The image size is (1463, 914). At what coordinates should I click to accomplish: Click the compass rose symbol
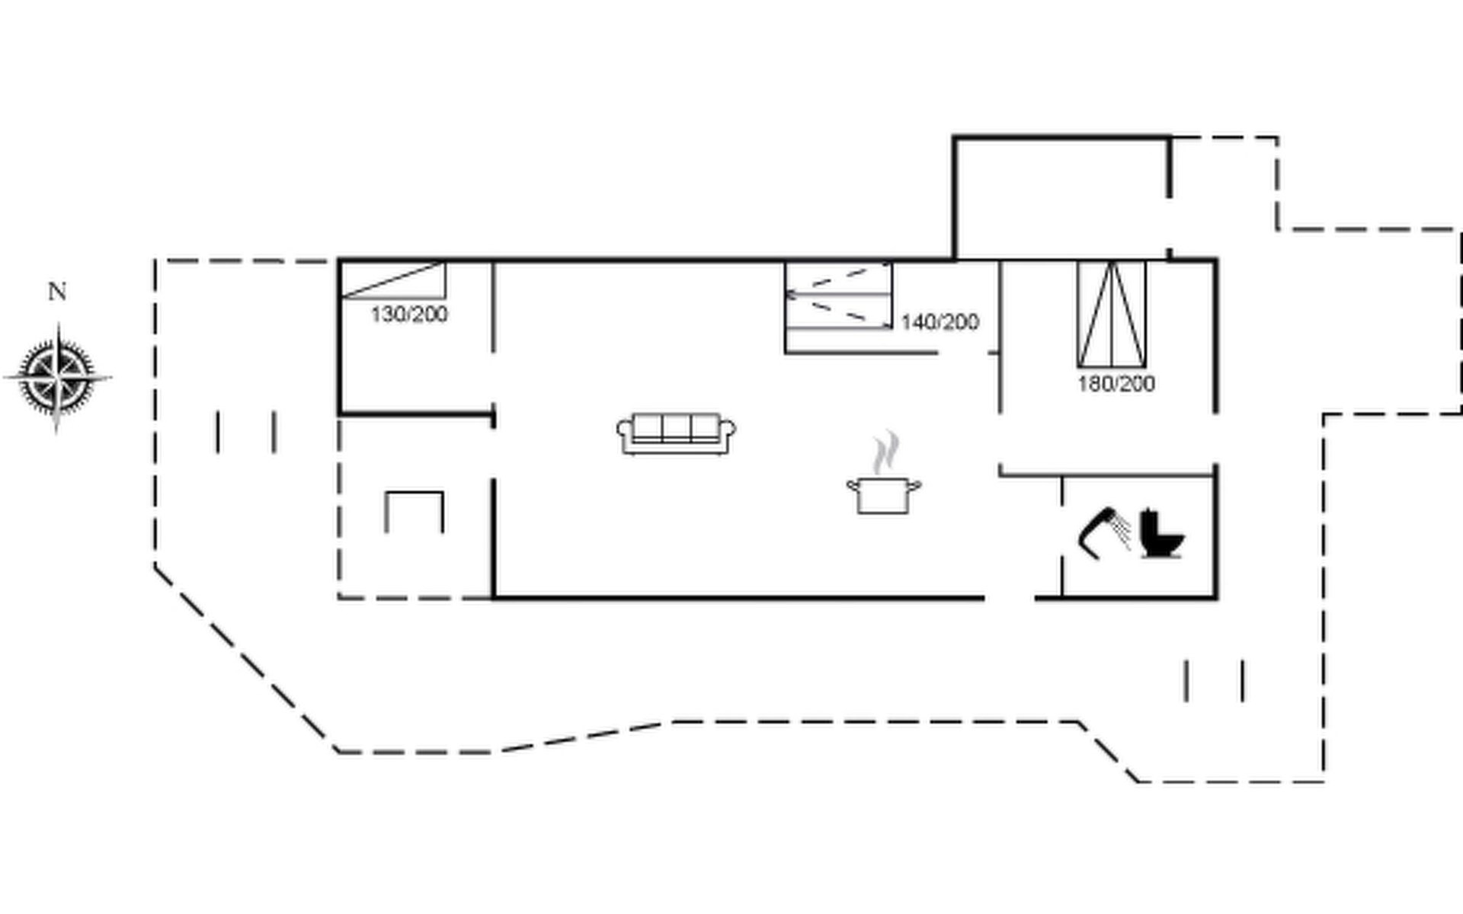pyautogui.click(x=58, y=378)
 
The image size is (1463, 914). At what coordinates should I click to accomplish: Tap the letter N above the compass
pyautogui.click(x=57, y=292)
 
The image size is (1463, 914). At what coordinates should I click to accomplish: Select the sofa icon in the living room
pyautogui.click(x=676, y=433)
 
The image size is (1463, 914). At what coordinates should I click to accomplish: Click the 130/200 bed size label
pyautogui.click(x=409, y=315)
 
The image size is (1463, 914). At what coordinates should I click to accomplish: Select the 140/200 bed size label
pyautogui.click(x=940, y=322)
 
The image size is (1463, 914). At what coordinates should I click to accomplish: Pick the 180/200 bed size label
pyautogui.click(x=1116, y=383)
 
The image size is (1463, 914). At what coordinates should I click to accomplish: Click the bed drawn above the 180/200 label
pyautogui.click(x=1112, y=315)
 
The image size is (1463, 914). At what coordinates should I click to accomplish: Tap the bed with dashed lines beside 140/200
pyautogui.click(x=838, y=296)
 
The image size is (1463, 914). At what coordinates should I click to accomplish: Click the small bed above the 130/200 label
pyautogui.click(x=393, y=280)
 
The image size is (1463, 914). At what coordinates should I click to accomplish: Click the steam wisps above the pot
pyautogui.click(x=885, y=452)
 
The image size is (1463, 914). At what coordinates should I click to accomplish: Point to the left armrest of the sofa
pyautogui.click(x=625, y=433)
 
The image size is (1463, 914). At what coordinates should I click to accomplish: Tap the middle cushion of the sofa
pyautogui.click(x=676, y=429)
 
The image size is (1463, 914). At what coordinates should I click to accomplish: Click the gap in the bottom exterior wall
pyautogui.click(x=1010, y=598)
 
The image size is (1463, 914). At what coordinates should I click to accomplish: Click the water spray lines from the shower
pyautogui.click(x=1120, y=529)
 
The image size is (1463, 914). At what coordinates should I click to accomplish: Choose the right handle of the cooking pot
pyautogui.click(x=915, y=485)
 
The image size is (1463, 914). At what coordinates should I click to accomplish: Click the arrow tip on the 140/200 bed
pyautogui.click(x=787, y=293)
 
